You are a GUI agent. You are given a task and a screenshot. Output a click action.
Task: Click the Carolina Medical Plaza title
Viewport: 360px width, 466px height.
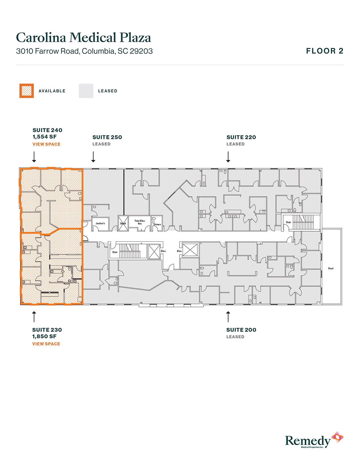[x=83, y=38]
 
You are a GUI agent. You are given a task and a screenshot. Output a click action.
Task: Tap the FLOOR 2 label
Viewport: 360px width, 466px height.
[x=325, y=51]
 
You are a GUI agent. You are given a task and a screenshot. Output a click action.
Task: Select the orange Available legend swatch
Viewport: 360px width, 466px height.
[x=27, y=91]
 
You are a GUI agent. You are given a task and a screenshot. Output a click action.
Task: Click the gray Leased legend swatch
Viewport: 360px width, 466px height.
[x=86, y=91]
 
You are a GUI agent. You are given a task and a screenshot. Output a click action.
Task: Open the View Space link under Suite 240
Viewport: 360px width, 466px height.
[x=46, y=144]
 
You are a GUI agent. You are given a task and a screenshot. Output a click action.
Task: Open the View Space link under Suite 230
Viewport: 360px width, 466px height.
[x=46, y=344]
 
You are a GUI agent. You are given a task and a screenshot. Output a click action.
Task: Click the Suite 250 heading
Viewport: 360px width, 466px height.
[x=107, y=137]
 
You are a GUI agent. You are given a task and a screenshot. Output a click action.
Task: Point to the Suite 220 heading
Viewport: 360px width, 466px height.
[x=241, y=137]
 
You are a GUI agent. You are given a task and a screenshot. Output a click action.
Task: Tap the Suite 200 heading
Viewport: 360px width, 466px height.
[x=241, y=330]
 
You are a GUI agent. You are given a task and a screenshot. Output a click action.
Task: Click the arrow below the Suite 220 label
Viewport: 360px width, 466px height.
[x=228, y=157]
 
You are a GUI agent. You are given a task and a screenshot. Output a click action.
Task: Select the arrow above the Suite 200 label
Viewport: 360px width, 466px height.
[x=228, y=317]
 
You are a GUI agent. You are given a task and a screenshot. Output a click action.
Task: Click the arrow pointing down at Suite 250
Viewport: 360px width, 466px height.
[x=93, y=157]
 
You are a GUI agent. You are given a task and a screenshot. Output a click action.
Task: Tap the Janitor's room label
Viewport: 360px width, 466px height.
[x=100, y=223]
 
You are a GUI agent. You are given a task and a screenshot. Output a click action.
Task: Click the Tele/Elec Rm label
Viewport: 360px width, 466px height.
[x=140, y=222]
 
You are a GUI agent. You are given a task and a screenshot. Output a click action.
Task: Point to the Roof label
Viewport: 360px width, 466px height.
[x=331, y=268]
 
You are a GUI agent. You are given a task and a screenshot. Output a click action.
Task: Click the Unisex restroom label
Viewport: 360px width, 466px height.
[x=157, y=225]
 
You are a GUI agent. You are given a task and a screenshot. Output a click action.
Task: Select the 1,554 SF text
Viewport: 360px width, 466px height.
[x=45, y=137]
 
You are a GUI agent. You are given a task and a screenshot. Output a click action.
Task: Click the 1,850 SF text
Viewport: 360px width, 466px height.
[x=44, y=336]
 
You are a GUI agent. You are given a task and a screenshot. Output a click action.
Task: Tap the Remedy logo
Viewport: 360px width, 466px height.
[x=314, y=440]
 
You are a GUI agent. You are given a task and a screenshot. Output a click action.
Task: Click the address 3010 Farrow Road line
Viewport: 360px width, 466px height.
[x=84, y=51]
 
